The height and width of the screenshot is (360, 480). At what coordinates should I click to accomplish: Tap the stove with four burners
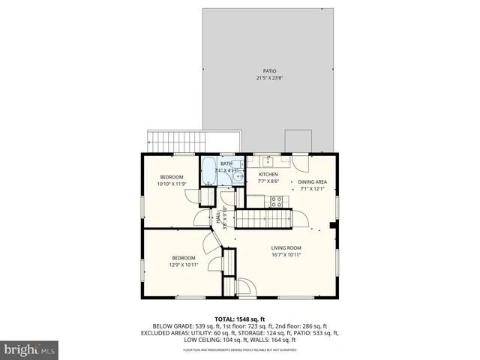pos(276,200)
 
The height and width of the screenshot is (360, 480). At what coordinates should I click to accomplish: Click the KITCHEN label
pos(268,174)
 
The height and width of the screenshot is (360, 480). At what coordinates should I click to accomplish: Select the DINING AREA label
pos(313,181)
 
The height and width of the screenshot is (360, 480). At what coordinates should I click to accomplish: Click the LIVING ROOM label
pos(286,247)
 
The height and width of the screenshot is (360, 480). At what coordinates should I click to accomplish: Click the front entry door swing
pos(244,288)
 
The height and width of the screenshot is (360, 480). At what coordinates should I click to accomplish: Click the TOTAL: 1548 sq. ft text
pos(240,319)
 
